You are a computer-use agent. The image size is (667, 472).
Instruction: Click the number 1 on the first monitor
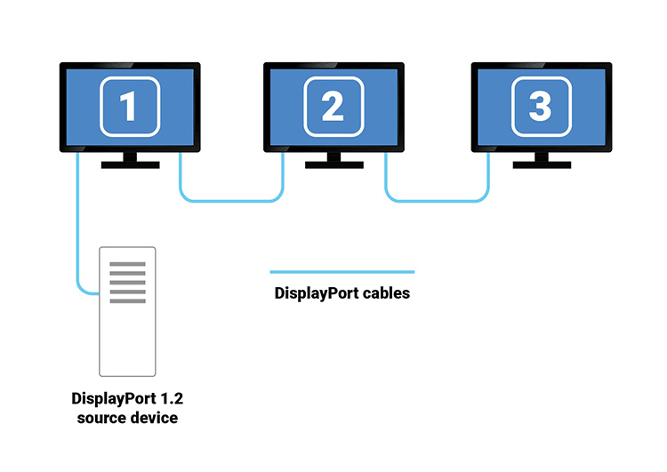tap(129, 107)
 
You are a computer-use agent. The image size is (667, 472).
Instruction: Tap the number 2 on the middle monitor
tap(333, 107)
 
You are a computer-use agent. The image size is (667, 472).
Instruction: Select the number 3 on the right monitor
tap(540, 107)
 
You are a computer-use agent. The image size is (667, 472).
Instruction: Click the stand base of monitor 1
tap(130, 164)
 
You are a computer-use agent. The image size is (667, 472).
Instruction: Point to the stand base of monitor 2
tap(334, 164)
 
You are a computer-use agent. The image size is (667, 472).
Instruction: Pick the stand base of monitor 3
tap(541, 164)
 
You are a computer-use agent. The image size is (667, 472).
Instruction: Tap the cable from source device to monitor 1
tap(77, 231)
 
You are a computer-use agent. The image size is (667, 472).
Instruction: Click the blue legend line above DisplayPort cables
tap(342, 272)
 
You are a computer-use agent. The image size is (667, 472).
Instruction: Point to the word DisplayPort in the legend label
tap(315, 292)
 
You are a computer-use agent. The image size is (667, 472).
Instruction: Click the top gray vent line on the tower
tap(127, 264)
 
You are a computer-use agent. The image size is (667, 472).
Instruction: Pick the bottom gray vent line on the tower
tap(127, 301)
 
